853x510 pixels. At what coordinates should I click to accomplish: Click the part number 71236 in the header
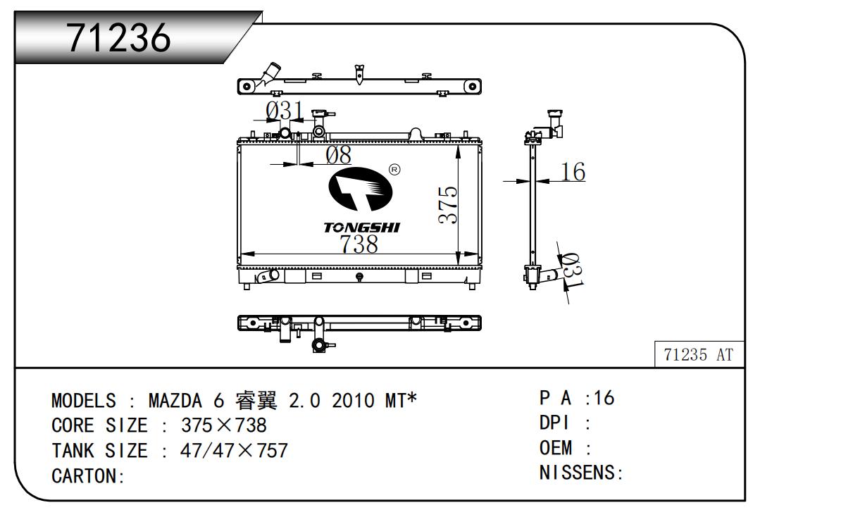click(x=119, y=37)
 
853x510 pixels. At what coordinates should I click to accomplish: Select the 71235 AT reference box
click(x=699, y=355)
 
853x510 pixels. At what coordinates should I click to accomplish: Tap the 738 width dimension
click(x=359, y=244)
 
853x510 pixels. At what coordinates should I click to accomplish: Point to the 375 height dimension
click(x=448, y=205)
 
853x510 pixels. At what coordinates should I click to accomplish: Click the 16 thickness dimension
click(x=574, y=171)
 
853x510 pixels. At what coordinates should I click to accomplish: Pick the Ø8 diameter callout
click(x=337, y=155)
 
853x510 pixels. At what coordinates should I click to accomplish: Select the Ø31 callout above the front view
click(x=285, y=111)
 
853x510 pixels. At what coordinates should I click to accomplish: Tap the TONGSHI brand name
click(x=361, y=228)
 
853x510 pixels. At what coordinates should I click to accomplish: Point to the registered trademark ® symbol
click(x=394, y=170)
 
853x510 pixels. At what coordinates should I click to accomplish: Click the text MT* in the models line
click(x=400, y=401)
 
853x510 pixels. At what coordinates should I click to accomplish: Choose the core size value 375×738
click(x=223, y=425)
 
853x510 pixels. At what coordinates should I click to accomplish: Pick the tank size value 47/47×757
click(x=234, y=450)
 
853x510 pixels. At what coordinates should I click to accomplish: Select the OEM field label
click(x=556, y=448)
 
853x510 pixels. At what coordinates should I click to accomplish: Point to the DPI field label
click(x=554, y=423)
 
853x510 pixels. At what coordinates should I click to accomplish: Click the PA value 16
click(x=604, y=398)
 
